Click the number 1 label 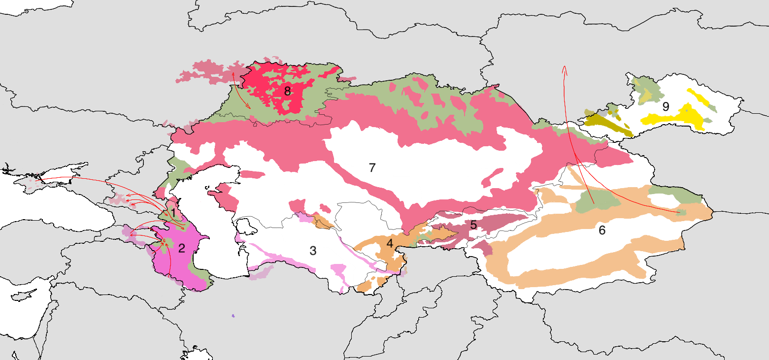pyautogui.click(x=173, y=213)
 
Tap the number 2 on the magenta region pyautogui.click(x=181, y=248)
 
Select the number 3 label pyautogui.click(x=313, y=250)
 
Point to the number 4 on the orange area pyautogui.click(x=390, y=243)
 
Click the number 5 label pyautogui.click(x=473, y=225)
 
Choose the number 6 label pyautogui.click(x=602, y=230)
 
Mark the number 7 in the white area pyautogui.click(x=372, y=167)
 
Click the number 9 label pyautogui.click(x=666, y=106)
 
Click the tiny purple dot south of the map pyautogui.click(x=233, y=316)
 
